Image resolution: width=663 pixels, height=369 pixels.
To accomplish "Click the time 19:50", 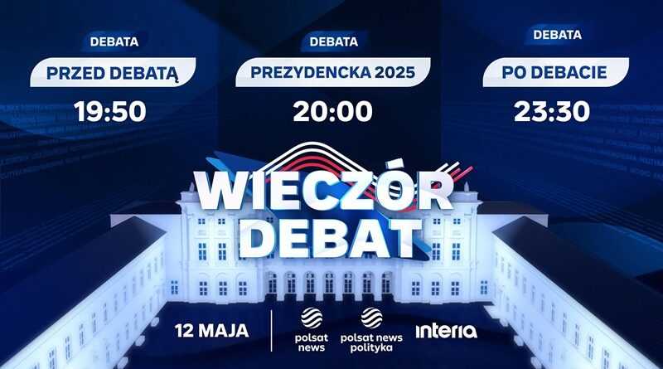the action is click(110, 112).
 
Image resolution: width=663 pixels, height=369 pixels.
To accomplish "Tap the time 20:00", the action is click(333, 112).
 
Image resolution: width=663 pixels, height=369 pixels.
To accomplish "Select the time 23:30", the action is click(552, 112).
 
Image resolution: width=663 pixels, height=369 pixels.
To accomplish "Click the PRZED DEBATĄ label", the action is click(113, 73).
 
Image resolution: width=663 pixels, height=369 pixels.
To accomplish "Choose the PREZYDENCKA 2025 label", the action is click(333, 72).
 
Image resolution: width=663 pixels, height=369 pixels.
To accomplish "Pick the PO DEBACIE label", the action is click(554, 72).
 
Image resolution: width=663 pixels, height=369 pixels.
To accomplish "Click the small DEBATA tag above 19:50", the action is click(114, 41).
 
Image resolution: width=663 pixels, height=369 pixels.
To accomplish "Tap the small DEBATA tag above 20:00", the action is click(334, 41).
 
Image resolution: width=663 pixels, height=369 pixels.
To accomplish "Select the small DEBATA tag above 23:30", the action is click(557, 34).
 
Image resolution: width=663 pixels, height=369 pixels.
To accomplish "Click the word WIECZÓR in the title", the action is click(323, 190).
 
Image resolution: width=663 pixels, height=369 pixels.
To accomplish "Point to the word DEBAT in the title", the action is click(330, 238).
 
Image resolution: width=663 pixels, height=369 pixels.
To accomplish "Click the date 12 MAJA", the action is click(212, 331).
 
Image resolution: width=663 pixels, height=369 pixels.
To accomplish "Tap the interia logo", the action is click(446, 331).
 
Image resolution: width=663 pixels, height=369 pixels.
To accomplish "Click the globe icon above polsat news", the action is click(312, 318).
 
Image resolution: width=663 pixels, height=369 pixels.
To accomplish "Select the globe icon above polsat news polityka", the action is click(371, 318).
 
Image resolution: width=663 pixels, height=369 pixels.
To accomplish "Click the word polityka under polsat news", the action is click(371, 348).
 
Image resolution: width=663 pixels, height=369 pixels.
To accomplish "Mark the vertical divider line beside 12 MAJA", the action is click(272, 331).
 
